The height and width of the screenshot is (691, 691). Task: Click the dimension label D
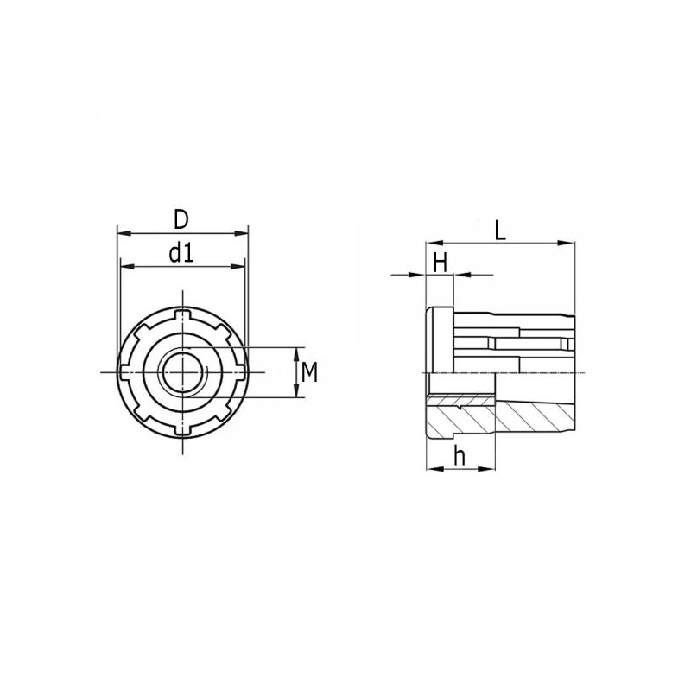(181, 219)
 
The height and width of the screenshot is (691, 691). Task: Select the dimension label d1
(181, 253)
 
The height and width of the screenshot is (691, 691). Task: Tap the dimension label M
(309, 372)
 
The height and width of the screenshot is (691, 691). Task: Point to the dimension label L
(500, 230)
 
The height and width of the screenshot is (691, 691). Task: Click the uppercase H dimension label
(440, 263)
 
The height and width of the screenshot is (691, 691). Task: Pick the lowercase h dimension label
(460, 456)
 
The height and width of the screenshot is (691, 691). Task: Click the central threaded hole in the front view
(182, 372)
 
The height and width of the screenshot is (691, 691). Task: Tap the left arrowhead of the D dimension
(124, 233)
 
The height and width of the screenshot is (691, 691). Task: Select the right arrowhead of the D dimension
(241, 233)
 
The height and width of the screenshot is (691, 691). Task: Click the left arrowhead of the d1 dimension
(128, 266)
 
